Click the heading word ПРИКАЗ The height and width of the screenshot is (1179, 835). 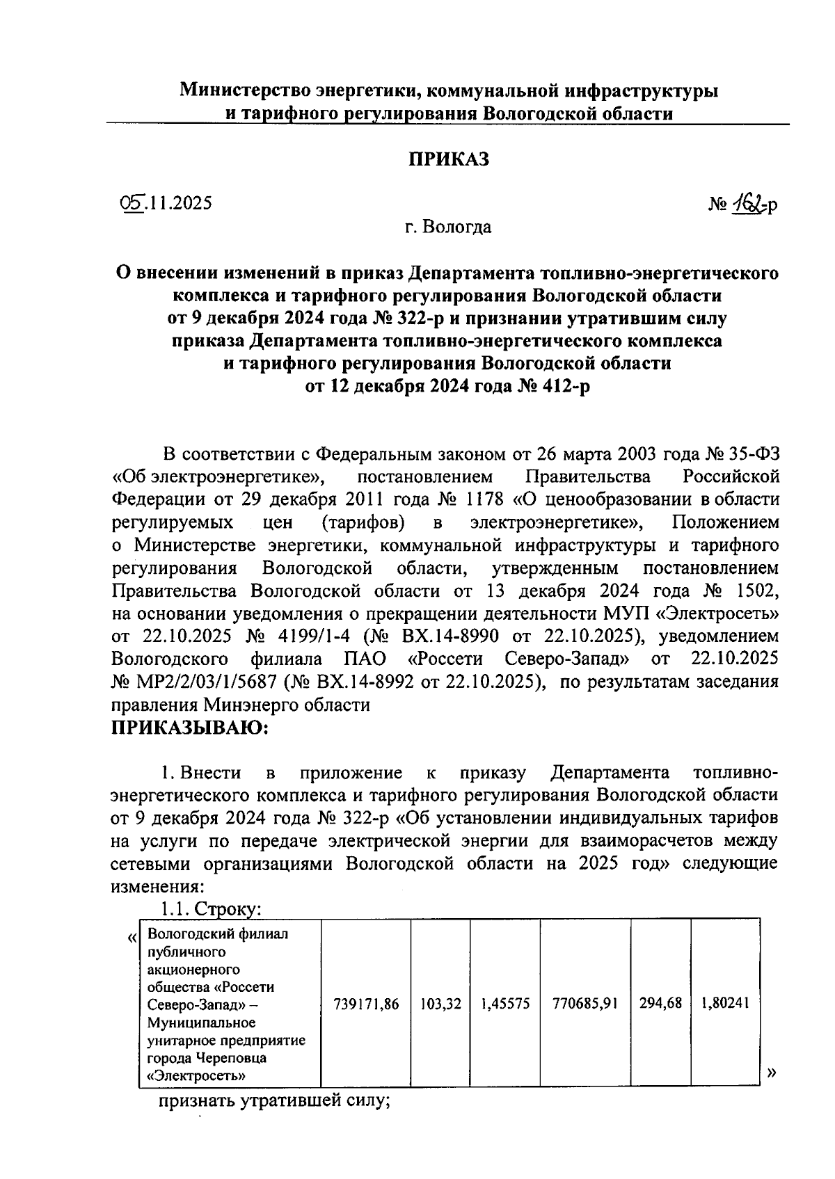(x=448, y=159)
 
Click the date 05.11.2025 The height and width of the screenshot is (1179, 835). (x=166, y=203)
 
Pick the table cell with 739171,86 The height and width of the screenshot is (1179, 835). (x=366, y=1004)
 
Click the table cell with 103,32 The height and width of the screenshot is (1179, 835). (x=440, y=1004)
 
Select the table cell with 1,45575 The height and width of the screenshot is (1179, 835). (x=505, y=1004)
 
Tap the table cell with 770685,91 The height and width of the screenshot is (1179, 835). (x=585, y=1004)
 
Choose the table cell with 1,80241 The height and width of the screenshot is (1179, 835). (x=725, y=1004)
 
